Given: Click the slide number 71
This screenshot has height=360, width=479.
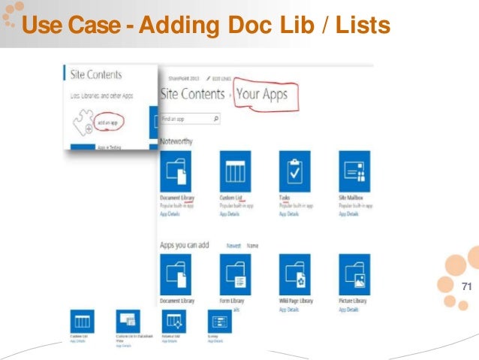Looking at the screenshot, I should click(x=465, y=287).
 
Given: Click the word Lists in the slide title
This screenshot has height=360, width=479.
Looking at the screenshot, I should click(x=363, y=27).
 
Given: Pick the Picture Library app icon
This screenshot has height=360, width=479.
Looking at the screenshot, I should click(x=354, y=274).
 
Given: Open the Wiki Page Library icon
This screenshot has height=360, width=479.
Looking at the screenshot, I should click(x=294, y=274).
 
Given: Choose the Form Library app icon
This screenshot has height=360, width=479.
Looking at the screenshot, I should click(x=234, y=274).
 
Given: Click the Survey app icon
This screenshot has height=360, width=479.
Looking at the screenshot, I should click(x=220, y=321).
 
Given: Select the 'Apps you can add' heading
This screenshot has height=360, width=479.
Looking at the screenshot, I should click(x=185, y=245).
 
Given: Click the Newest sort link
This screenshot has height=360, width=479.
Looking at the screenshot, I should click(x=233, y=246).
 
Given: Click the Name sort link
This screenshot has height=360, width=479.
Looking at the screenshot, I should click(x=253, y=246).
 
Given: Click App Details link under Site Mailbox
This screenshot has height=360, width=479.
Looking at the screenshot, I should click(x=349, y=213).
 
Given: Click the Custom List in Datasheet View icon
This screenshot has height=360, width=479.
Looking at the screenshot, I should click(x=128, y=321).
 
